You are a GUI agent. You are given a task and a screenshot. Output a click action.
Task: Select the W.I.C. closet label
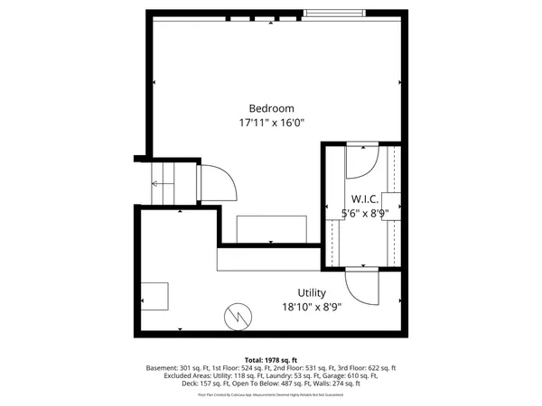click(x=365, y=198)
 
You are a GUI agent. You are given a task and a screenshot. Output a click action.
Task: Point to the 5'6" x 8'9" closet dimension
click(x=365, y=213)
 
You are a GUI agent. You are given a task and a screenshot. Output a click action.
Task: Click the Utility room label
click(x=312, y=293)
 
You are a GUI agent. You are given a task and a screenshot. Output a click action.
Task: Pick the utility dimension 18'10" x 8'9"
click(x=312, y=307)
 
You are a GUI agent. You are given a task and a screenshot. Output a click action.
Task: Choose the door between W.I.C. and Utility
click(x=364, y=287)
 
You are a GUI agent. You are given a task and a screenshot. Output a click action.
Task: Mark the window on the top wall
click(x=334, y=14)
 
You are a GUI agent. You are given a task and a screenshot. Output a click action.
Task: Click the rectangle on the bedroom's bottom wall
click(x=271, y=229)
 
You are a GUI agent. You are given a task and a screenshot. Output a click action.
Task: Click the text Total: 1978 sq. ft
click(x=271, y=360)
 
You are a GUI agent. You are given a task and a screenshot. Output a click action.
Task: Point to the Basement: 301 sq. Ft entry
click(x=177, y=369)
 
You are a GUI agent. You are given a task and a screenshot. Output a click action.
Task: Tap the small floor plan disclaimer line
click(x=271, y=394)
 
